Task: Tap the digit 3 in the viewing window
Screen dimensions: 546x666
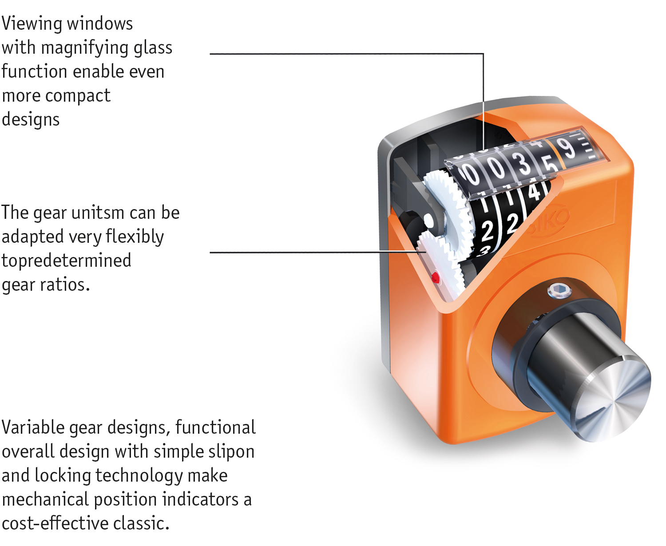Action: click(524, 163)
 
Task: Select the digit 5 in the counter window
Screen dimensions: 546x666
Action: click(550, 164)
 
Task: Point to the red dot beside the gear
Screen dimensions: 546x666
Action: click(436, 278)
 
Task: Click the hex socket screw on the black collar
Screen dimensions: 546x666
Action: click(559, 291)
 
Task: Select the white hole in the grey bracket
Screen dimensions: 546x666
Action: click(428, 221)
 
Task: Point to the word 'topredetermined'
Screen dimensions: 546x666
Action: click(67, 261)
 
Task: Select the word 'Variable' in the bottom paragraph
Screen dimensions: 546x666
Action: click(33, 427)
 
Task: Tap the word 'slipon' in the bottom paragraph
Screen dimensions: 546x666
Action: click(230, 452)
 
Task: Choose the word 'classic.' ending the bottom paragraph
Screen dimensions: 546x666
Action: click(141, 524)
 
